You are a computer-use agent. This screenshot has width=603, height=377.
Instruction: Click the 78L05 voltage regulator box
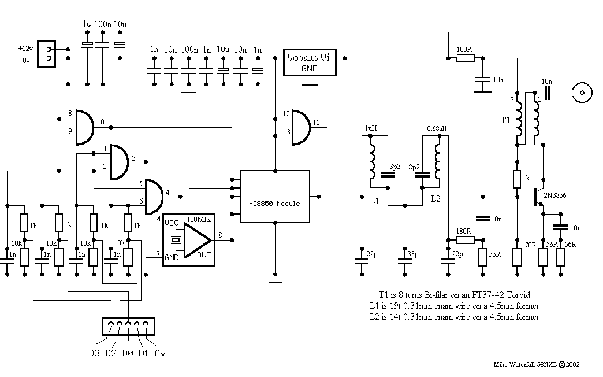tap(310, 62)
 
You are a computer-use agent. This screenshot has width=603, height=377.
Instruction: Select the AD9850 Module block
tap(274, 197)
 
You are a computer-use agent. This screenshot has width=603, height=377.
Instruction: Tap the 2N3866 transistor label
tap(554, 195)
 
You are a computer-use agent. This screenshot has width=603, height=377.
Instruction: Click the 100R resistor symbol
tap(466, 58)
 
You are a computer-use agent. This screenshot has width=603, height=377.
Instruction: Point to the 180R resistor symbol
tap(466, 240)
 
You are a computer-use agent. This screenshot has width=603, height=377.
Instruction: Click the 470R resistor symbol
tap(518, 258)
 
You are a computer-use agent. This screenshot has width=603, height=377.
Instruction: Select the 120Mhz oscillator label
tap(199, 220)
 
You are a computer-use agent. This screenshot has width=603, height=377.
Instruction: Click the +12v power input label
tap(25, 49)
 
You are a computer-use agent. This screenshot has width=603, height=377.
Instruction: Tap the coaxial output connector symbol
tap(582, 93)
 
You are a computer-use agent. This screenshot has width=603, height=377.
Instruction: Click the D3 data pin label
tap(94, 353)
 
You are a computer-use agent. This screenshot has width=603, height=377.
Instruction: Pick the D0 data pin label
tap(128, 353)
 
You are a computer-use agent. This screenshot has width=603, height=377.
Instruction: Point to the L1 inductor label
tap(374, 201)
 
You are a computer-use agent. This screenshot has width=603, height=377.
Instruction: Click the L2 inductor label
tap(435, 199)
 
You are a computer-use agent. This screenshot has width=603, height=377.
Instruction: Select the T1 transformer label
tap(505, 120)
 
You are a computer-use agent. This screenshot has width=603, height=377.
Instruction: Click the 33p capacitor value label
tap(413, 254)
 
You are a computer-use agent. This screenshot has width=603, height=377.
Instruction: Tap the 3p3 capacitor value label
tap(395, 167)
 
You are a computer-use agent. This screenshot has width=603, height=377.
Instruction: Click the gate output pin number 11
tap(316, 123)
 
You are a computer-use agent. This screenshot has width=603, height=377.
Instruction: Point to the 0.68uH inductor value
tap(437, 128)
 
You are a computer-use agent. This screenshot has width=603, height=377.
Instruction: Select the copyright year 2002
tap(572, 364)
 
